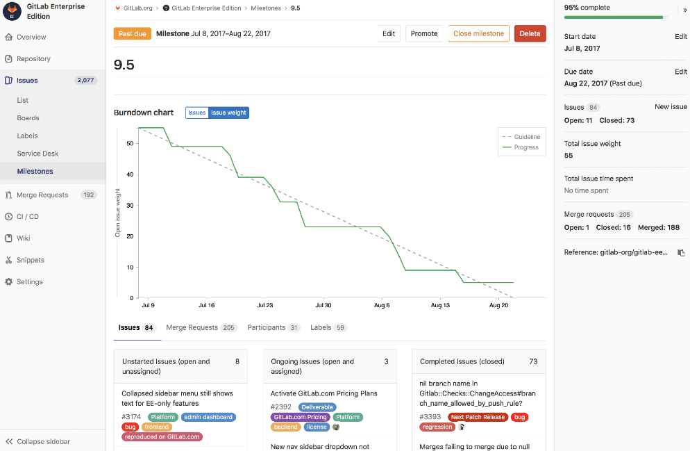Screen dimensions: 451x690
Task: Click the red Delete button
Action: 530,33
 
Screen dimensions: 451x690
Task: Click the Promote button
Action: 423,33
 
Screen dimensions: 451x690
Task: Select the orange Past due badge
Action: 132,33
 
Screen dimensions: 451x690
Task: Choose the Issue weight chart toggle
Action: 228,113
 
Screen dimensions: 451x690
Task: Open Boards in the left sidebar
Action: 28,118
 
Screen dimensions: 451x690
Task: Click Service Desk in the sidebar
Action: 38,154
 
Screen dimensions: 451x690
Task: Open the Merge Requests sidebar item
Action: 42,195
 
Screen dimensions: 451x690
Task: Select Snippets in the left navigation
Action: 31,260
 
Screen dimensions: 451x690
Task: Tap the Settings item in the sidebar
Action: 30,282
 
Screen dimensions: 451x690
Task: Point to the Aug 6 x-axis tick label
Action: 382,305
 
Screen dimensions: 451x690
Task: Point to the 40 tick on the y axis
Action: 130,174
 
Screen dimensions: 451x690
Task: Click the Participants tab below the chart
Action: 267,327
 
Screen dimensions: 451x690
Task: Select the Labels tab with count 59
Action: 321,327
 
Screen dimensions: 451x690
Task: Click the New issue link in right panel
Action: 671,107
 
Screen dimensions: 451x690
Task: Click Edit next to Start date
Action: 680,36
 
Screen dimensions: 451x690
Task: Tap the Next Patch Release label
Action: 476,417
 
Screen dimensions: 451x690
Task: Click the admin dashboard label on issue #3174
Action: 208,417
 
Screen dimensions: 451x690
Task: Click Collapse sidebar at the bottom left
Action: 43,441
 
